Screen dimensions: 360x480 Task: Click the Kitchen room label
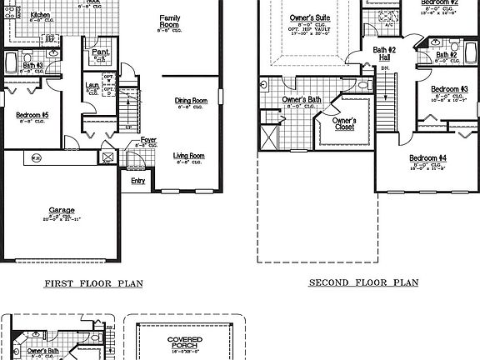38,16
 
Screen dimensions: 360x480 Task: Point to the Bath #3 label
32,64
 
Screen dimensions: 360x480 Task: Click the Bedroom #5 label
32,115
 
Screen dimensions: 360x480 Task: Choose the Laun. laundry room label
92,85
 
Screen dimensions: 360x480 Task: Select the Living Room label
188,156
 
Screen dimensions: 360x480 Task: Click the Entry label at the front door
137,180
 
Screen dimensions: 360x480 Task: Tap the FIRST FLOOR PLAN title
92,283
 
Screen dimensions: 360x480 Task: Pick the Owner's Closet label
344,124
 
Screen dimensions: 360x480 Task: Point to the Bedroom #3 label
448,88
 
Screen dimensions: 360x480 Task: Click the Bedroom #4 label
427,158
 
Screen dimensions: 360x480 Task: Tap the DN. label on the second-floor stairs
384,68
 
